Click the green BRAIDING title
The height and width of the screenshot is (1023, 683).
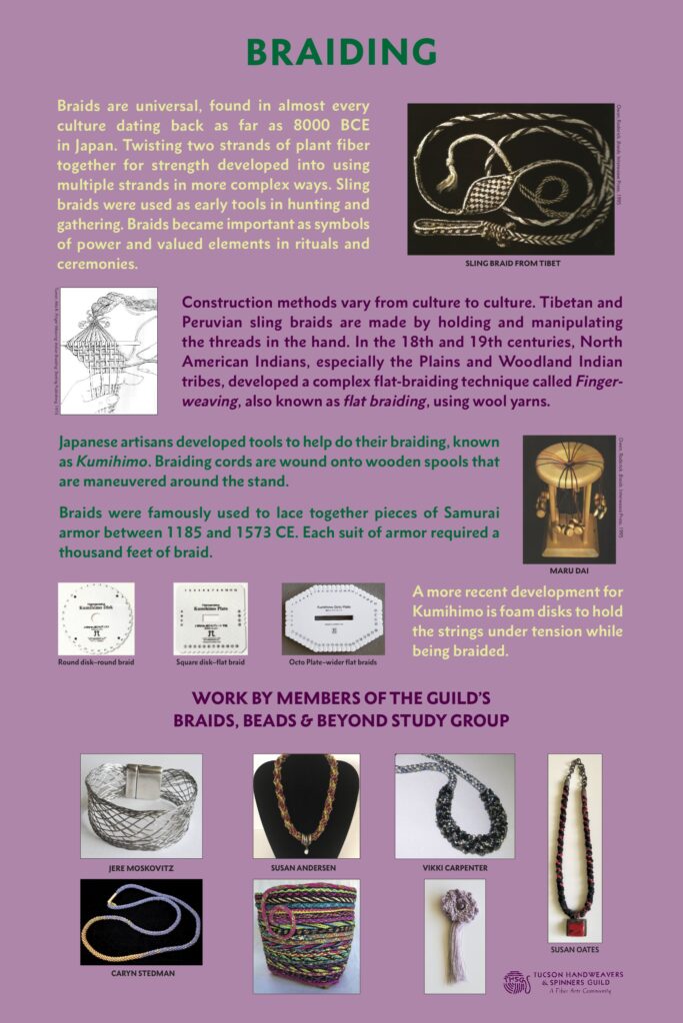tap(341, 52)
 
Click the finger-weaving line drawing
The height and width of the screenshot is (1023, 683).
tap(109, 351)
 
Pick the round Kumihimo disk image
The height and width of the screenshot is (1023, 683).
tap(96, 618)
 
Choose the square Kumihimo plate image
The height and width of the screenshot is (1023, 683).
tap(210, 618)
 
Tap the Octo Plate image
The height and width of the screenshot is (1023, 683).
tap(333, 618)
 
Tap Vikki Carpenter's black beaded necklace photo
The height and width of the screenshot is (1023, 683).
tap(455, 805)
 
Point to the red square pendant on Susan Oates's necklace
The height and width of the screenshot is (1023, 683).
tap(575, 913)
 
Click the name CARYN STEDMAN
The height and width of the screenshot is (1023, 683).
tap(141, 972)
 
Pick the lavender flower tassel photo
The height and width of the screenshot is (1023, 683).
tap(455, 935)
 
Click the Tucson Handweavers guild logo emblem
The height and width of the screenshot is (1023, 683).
tap(518, 981)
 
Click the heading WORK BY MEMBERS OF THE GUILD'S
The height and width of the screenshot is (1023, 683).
tap(341, 697)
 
